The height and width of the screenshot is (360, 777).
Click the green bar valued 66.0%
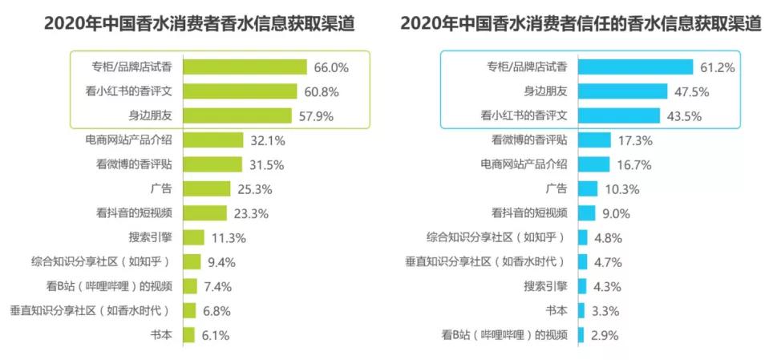click(245, 67)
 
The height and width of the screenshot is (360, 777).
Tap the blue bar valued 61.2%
click(634, 67)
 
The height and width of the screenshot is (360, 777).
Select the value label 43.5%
click(683, 116)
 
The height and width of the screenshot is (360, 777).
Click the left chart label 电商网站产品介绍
click(128, 140)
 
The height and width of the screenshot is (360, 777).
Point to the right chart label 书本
click(556, 311)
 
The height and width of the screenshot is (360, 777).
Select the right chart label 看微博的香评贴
click(529, 140)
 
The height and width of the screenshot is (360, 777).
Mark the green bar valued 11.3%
click(193, 238)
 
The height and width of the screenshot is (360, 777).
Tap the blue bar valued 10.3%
click(586, 189)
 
